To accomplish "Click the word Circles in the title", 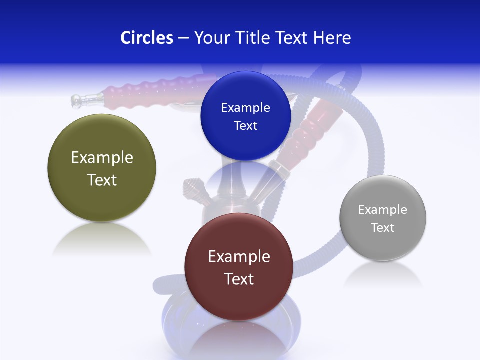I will click(146, 38).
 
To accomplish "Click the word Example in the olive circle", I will click(102, 158).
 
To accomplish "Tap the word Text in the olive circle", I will click(102, 180).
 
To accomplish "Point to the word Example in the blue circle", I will click(246, 108).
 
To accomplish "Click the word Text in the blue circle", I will click(246, 126).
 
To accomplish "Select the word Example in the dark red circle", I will click(239, 257).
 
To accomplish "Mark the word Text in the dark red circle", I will click(239, 279).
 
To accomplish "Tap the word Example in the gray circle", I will click(383, 210).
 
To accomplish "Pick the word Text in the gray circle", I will click(383, 228).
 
